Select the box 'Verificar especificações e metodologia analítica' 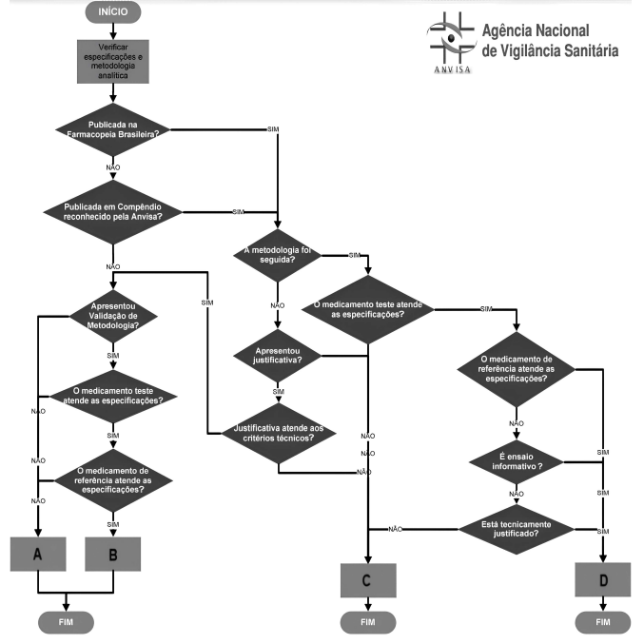point(113,64)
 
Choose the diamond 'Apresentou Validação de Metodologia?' point(113,317)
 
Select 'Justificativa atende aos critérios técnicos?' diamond point(278,434)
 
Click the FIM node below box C point(368,622)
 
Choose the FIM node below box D point(603,622)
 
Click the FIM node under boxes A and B point(66,622)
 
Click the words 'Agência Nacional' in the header point(536,30)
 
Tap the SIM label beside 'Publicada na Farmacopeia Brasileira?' point(274,127)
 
